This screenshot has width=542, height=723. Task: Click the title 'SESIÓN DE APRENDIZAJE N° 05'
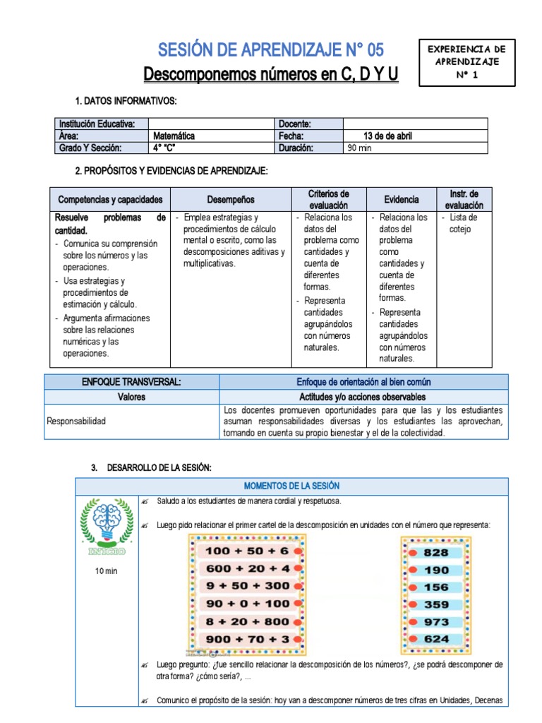(x=271, y=49)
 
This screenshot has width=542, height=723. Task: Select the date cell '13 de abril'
(x=387, y=136)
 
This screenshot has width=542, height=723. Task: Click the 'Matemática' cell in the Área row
(x=174, y=136)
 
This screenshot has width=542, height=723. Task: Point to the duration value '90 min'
(x=360, y=148)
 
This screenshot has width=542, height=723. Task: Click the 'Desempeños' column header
(x=231, y=200)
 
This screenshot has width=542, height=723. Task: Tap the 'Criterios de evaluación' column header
(x=328, y=199)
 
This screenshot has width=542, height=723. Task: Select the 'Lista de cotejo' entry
(x=463, y=223)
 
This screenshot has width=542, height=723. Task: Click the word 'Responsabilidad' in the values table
(x=76, y=421)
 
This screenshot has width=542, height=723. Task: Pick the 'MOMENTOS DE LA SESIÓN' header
(x=291, y=486)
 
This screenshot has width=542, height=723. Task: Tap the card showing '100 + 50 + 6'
(x=247, y=550)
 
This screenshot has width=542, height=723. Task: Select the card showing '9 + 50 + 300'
(x=247, y=585)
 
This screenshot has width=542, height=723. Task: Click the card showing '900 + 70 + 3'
(x=247, y=639)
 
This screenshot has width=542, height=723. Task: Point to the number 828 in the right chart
(x=435, y=552)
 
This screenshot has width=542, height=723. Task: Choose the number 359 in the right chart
(x=435, y=604)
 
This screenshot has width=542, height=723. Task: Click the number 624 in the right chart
(x=435, y=639)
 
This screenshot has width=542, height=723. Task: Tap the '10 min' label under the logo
(x=107, y=570)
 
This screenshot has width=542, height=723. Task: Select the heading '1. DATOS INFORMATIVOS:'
(x=126, y=102)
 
